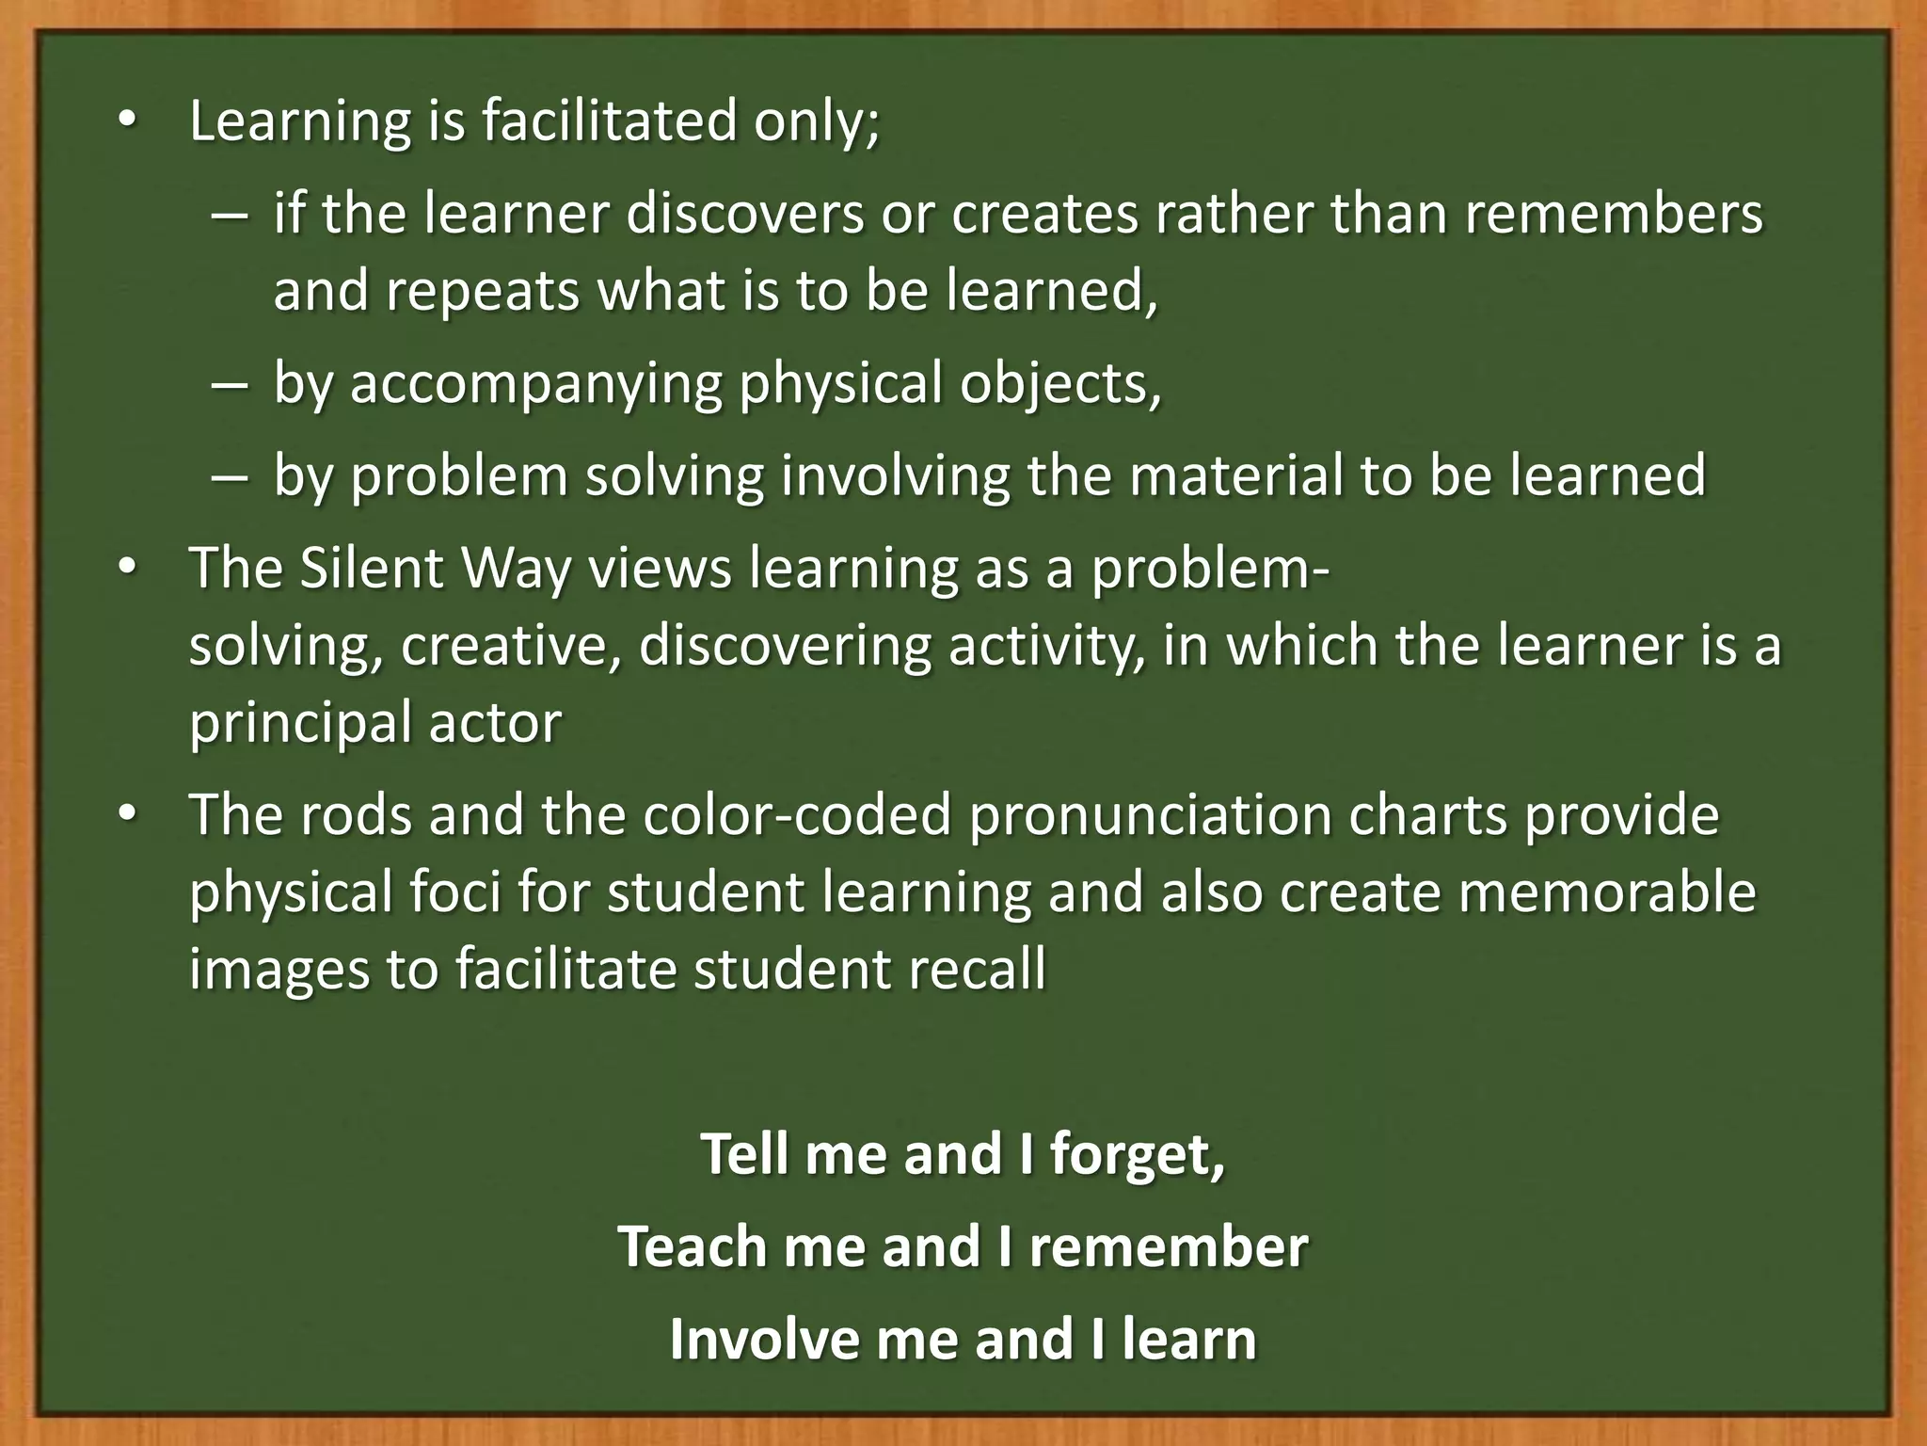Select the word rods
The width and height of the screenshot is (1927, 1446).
(357, 815)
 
